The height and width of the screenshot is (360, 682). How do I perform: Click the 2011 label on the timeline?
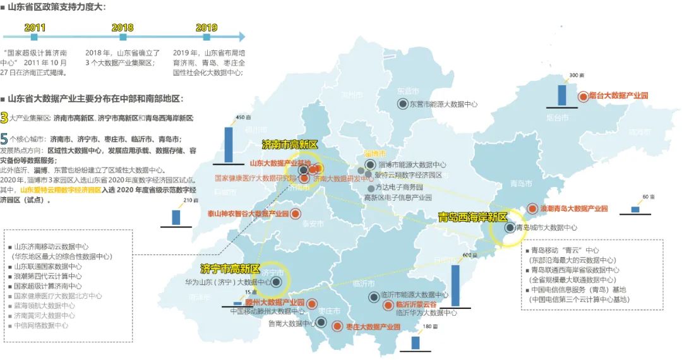35,28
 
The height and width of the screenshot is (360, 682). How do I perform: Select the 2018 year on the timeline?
123,28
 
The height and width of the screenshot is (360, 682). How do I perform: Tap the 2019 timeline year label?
206,28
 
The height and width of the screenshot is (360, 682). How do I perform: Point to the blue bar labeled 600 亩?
455,285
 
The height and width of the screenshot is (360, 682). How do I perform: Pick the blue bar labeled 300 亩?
561,94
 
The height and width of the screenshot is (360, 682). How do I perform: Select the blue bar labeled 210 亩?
176,217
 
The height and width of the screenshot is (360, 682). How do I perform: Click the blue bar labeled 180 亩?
416,342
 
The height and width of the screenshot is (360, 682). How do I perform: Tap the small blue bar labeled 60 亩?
635,209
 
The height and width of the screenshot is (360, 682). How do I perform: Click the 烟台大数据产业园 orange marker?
583,97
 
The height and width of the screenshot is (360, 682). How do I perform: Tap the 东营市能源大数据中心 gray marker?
402,104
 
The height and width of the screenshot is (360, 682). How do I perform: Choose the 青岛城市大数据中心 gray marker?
509,227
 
